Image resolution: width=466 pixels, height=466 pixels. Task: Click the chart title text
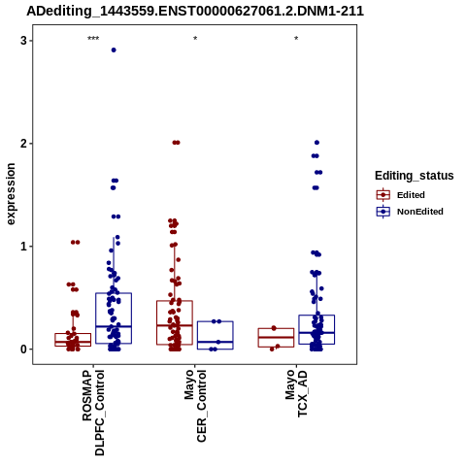tap(195, 12)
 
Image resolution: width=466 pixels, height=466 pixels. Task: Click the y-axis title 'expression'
tap(11, 194)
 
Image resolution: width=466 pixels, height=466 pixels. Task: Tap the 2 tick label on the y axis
tap(23, 144)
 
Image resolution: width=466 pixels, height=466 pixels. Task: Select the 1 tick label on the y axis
tap(23, 247)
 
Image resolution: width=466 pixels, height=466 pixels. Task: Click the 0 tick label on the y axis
tap(23, 349)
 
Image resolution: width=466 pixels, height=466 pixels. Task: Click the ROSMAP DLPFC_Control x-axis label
tap(93, 413)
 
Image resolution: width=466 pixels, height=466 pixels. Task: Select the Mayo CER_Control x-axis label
tap(195, 406)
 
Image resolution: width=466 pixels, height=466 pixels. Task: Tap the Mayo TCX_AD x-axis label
tap(296, 393)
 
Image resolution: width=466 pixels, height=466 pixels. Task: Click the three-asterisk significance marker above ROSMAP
tap(93, 39)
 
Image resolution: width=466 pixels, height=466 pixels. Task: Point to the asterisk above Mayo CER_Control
tap(195, 39)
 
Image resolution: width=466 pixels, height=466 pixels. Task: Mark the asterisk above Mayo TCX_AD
tap(296, 39)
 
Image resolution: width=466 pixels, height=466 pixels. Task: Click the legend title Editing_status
tap(415, 176)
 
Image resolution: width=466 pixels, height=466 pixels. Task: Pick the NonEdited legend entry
tap(410, 212)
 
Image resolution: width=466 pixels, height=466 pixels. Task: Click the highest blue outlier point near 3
tap(114, 50)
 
